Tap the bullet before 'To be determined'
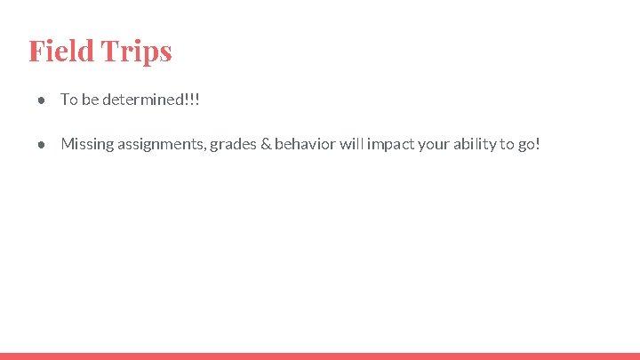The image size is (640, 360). click(42, 100)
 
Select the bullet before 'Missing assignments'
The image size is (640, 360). click(42, 144)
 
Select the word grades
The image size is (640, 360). click(231, 144)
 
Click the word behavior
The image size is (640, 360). click(305, 144)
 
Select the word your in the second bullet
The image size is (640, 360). click(434, 144)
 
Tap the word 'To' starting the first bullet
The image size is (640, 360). click(68, 100)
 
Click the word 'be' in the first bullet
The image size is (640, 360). click(90, 100)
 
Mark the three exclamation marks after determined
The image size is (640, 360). click(192, 100)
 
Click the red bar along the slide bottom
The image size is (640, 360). click(320, 356)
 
